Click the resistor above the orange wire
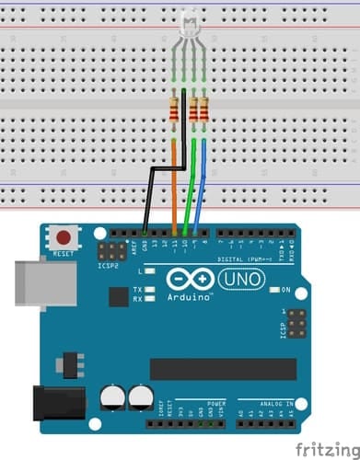(176, 111)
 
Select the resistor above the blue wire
(203, 111)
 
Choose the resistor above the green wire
(194, 111)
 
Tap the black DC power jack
(55, 405)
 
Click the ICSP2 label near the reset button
(109, 267)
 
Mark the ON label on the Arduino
(285, 291)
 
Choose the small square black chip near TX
(118, 296)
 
